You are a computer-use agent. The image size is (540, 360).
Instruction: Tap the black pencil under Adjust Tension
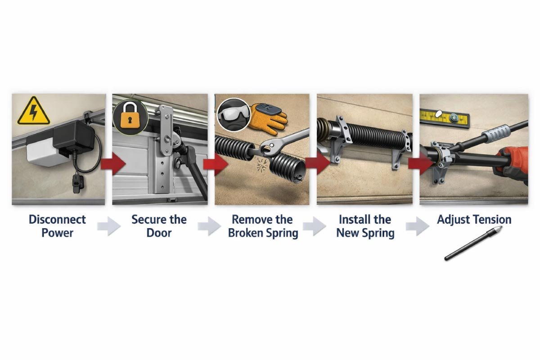472,245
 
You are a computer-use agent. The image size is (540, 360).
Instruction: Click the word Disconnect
57,220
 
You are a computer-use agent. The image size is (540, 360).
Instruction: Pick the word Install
355,220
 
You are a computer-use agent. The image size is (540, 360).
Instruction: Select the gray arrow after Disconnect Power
109,226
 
